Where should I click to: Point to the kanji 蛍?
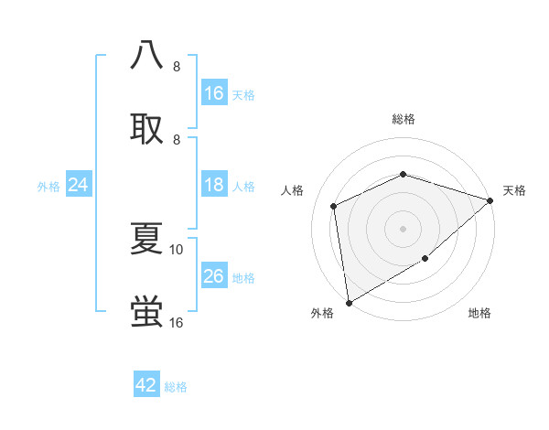147,312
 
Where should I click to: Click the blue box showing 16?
214,93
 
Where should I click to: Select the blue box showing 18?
214,186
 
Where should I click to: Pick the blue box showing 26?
214,276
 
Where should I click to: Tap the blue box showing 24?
79,186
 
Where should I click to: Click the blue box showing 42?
146,385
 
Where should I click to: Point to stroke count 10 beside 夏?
177,249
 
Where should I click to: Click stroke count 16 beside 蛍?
177,323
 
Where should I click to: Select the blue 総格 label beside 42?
176,387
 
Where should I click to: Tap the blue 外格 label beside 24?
48,187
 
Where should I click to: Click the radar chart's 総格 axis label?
404,119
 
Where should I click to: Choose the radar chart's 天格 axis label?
515,190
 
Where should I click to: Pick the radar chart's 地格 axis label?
479,314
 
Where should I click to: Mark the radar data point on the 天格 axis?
490,200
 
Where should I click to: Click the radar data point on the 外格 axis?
349,302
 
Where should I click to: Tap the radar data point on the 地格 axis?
425,259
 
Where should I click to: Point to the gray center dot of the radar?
404,229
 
